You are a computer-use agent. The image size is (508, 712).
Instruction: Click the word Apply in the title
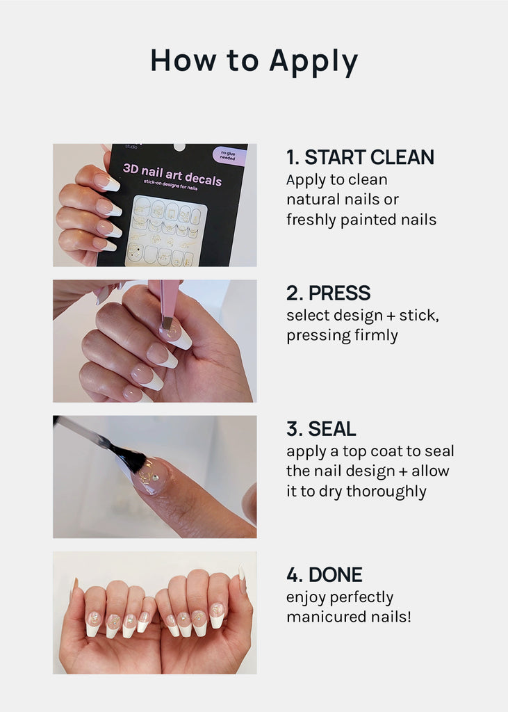coord(313,62)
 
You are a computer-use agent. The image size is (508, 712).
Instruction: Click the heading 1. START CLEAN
coord(360,157)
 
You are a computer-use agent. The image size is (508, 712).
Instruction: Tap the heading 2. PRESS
coord(328,293)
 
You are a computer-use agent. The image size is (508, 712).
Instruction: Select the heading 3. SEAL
coord(321,428)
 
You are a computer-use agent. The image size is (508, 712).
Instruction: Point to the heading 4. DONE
coord(324,574)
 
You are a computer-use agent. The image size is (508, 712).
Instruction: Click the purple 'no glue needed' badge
coord(229,156)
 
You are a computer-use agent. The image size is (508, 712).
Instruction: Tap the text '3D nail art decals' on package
coord(172,175)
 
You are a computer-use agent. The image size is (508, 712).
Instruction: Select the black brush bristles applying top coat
coord(129,454)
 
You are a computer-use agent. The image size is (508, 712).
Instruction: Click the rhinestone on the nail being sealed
coord(156,478)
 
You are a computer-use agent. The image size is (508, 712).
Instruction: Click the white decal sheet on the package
coord(166,231)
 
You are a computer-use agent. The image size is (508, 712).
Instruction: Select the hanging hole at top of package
coord(180,147)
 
